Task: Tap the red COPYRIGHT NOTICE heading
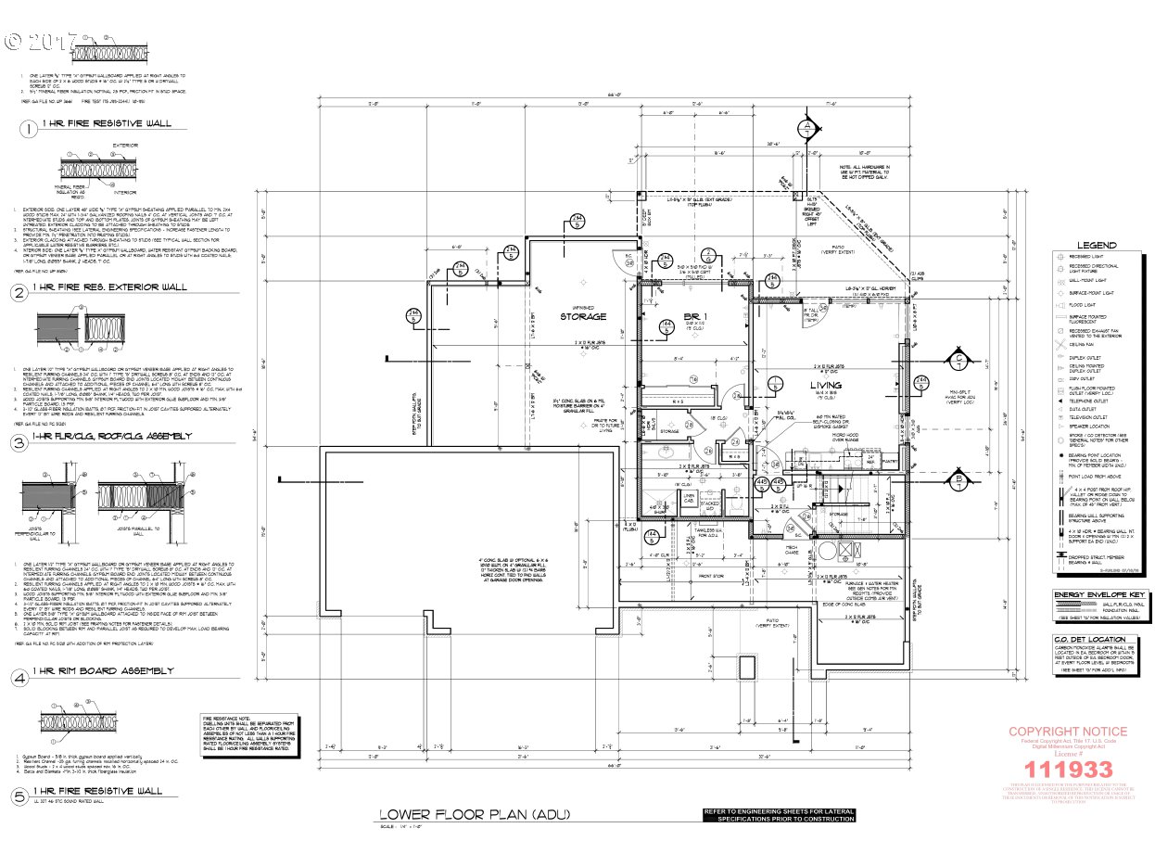pyautogui.click(x=1068, y=732)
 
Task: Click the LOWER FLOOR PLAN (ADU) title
pyautogui.click(x=475, y=815)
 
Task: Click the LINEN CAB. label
pyautogui.click(x=689, y=502)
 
